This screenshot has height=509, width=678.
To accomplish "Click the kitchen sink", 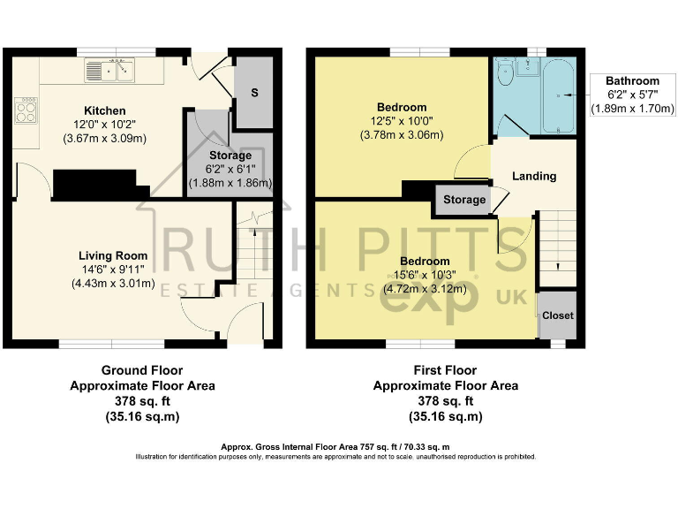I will pos(110,68).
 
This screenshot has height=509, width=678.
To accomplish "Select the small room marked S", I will pos(254,93).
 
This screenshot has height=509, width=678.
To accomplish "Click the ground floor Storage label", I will pos(230,156).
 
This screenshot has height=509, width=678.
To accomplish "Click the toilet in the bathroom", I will pos(505,73).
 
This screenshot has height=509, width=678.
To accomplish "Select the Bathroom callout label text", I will pos(633,81).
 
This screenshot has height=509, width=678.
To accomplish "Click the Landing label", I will pos(534,176).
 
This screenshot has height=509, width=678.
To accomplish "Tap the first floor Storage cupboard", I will pos(463,200).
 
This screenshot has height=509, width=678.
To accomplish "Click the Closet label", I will pos(557,315).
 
